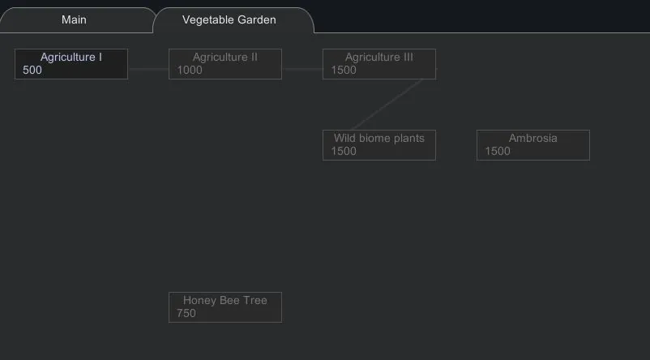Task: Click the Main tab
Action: coord(74,19)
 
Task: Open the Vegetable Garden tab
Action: coord(229,19)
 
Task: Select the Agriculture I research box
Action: coord(71,64)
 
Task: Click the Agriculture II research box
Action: coord(225,64)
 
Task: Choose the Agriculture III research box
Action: coord(379,64)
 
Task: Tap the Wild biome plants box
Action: coord(379,145)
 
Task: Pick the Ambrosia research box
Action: coord(533,145)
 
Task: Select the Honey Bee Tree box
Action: coord(225,307)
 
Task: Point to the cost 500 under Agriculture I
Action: coord(32,71)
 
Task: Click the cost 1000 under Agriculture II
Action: coord(190,71)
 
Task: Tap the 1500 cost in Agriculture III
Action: coord(344,71)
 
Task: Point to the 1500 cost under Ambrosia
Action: coord(498,152)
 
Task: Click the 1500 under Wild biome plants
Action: coord(344,152)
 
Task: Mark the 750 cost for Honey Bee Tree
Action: coord(186,314)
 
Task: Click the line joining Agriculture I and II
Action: coord(148,69)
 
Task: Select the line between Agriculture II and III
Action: coord(302,69)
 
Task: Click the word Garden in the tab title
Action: coord(257,19)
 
